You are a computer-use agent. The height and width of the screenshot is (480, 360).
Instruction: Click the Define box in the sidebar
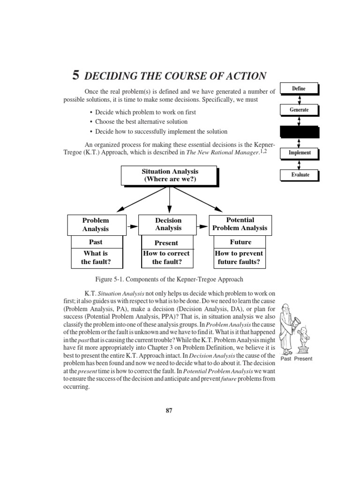[x=299, y=88]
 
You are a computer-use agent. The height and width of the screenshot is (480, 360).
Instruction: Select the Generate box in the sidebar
[x=299, y=110]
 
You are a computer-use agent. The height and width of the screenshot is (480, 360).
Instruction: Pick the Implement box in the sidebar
[x=299, y=153]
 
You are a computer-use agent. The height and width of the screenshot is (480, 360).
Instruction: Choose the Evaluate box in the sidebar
[x=299, y=175]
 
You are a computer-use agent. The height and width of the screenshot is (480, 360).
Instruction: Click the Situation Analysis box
[x=170, y=176]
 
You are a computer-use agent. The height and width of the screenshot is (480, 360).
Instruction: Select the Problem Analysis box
[x=96, y=225]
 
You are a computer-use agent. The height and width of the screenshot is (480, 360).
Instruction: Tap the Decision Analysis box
[x=168, y=224]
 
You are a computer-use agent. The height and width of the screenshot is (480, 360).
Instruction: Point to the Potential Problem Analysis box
[x=240, y=224]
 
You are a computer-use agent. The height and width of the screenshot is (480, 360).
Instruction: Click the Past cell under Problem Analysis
[x=96, y=242]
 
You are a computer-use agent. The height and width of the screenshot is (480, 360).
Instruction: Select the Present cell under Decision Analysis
[x=166, y=243]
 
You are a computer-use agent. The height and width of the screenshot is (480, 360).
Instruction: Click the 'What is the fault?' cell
[x=96, y=258]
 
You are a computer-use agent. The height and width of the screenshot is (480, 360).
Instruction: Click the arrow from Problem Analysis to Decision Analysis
[x=133, y=226]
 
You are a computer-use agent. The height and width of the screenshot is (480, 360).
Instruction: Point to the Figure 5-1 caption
[x=169, y=279]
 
